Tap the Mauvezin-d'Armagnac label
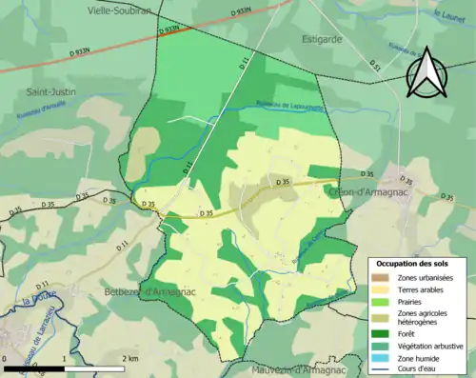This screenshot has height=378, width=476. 308,369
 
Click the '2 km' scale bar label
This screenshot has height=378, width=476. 130,358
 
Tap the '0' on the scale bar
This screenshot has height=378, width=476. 6,358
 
